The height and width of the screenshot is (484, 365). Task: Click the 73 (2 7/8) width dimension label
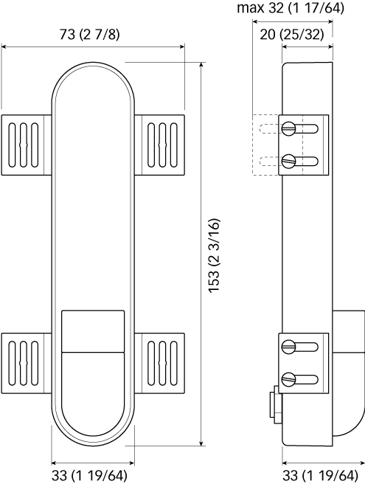click(x=89, y=34)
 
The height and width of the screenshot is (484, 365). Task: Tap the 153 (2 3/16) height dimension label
click(x=214, y=255)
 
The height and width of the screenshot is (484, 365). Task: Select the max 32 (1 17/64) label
click(x=291, y=7)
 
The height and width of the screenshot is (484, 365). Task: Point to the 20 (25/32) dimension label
click(x=292, y=34)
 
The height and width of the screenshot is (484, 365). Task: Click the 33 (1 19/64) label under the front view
click(x=89, y=475)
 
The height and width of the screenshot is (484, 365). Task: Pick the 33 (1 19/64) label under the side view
click(x=320, y=475)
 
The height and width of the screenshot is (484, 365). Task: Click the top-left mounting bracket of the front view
click(x=27, y=145)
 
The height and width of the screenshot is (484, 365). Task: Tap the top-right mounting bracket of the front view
click(x=159, y=145)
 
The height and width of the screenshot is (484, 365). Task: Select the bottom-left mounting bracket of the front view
click(x=27, y=363)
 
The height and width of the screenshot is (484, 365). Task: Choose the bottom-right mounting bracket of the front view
click(x=159, y=363)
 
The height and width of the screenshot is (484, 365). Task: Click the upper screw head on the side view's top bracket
click(x=289, y=128)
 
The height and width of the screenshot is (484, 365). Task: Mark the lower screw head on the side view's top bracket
click(x=289, y=161)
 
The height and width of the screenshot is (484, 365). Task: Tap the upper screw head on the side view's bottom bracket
click(x=289, y=346)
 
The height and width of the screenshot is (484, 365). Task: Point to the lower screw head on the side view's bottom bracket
click(x=289, y=379)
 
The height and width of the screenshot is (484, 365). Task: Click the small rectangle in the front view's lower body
click(x=93, y=331)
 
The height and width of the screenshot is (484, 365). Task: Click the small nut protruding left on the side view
click(x=276, y=405)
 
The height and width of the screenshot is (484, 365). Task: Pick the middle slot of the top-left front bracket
click(x=24, y=145)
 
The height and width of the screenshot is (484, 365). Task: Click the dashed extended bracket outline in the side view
click(x=265, y=145)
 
